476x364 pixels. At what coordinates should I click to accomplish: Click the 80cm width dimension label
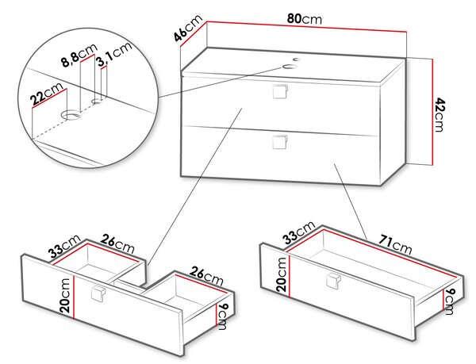pos(304,19)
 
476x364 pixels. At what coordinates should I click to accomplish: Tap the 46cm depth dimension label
pos(187,28)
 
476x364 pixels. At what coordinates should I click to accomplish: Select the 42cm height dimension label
pos(439,114)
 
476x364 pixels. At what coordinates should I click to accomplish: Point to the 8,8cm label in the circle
pos(79,54)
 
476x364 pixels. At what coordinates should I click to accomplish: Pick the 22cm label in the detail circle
pos(47,94)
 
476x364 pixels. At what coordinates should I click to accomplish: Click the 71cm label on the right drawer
pos(395,244)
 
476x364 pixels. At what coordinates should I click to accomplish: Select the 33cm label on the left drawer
pos(65,247)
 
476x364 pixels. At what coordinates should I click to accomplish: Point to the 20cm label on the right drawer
pos(281,275)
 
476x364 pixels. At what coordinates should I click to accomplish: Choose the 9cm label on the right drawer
pos(450,302)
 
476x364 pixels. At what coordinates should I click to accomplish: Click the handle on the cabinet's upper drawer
pos(280,91)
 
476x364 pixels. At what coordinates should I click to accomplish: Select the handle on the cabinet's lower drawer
pos(280,142)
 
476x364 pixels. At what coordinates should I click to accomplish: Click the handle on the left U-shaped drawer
pos(98,293)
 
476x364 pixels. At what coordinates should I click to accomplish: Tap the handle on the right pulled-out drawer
pos(334,282)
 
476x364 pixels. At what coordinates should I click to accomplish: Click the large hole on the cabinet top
pos(289,67)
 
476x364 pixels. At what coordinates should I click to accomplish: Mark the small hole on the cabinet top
pos(297,59)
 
